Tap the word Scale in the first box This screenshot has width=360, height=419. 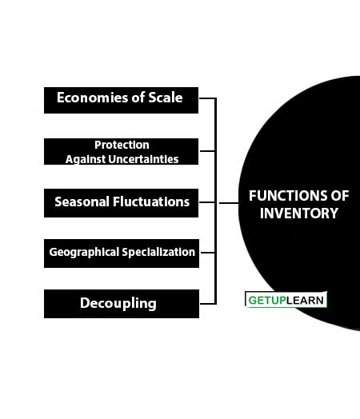tap(166, 98)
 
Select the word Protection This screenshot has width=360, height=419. tap(122, 145)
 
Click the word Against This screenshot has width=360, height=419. tap(86, 160)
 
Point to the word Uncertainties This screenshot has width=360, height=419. tap(144, 159)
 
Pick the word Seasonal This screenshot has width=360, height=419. tap(82, 202)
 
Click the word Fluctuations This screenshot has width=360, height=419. tap(151, 202)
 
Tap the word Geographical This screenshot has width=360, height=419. tap(84, 252)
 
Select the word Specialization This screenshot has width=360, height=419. tap(158, 252)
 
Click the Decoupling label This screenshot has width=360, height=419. tap(118, 304)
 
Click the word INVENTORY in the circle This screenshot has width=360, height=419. tap(299, 213)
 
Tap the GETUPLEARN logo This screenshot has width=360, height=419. tap(286, 300)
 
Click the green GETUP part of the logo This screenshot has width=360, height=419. tap(267, 301)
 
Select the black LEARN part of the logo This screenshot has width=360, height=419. tap(305, 301)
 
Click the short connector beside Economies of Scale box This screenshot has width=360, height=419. tap(207, 98)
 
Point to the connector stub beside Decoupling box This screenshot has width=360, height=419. tap(208, 304)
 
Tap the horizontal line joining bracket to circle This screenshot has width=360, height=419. tap(229, 203)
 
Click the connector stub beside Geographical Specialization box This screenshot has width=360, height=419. tap(208, 252)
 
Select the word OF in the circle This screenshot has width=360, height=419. tap(340, 196)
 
